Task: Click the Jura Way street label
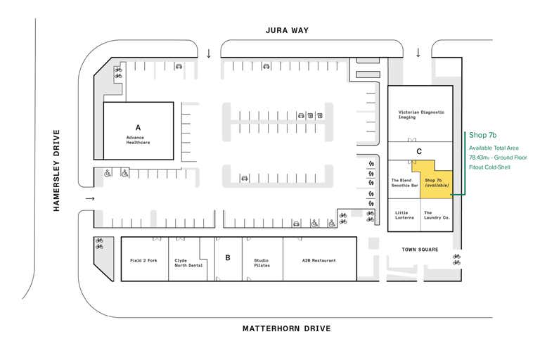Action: [286, 30]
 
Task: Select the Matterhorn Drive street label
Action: [286, 328]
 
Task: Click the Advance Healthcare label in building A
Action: [138, 139]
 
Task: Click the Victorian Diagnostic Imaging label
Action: [421, 115]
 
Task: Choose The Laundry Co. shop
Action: [436, 215]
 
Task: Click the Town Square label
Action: [419, 250]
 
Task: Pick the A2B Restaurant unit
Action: [319, 260]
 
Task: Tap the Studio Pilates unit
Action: [262, 263]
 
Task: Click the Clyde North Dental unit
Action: [188, 263]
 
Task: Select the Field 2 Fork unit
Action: [143, 260]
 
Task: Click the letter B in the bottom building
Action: [228, 257]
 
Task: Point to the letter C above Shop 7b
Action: [419, 151]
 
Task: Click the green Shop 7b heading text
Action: [483, 134]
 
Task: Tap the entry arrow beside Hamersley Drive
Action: [89, 199]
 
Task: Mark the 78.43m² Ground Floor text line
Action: [498, 157]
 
